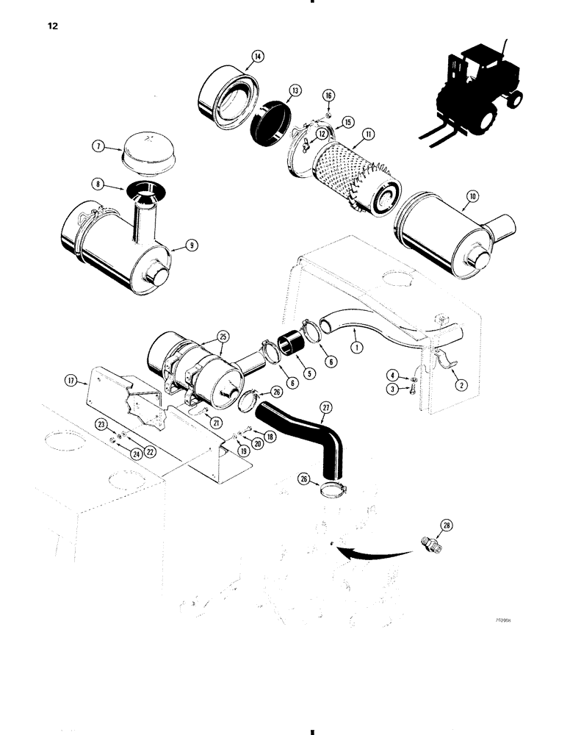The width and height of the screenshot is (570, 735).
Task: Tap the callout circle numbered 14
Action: [237, 56]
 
